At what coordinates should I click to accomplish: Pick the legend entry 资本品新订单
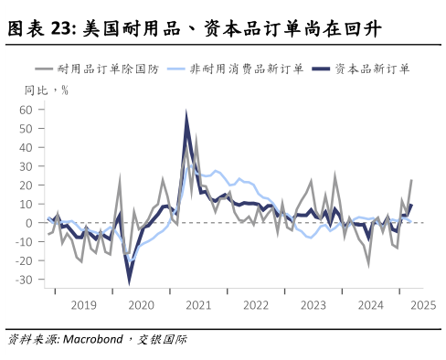tap(370, 69)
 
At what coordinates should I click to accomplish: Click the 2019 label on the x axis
tap(83, 305)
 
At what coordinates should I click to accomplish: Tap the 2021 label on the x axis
tap(197, 305)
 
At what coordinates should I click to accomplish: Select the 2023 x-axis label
tap(313, 305)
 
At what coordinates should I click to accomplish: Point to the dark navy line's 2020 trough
tap(129, 279)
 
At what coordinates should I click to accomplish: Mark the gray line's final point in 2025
tap(411, 180)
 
